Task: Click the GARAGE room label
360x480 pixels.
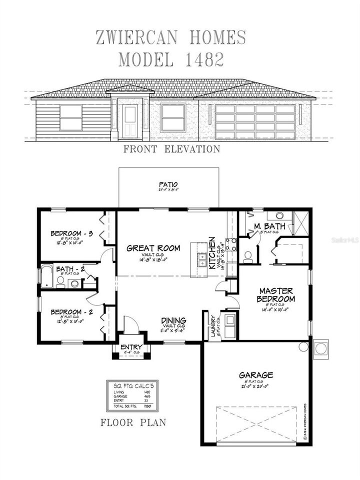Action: pos(255,374)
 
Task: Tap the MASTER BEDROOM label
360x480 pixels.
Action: pos(275,294)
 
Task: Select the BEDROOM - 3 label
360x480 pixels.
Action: pos(72,233)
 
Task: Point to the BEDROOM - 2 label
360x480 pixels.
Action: pos(72,312)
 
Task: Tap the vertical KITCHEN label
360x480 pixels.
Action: pos(212,252)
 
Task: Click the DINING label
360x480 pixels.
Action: pos(173,320)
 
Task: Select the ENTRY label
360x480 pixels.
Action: pos(131,347)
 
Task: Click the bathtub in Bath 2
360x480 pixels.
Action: pos(46,276)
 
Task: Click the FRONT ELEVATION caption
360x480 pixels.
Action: pos(171,149)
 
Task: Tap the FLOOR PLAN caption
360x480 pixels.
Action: pos(133,422)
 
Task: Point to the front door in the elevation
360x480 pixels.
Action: pos(130,121)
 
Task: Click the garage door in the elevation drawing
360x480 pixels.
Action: pos(255,121)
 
